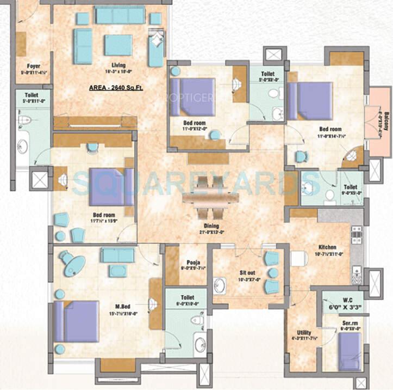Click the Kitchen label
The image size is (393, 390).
pos(328,247)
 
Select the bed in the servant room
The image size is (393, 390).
pos(348,351)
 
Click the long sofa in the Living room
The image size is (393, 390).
pos(120,15)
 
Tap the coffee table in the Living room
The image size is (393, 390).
pos(118,45)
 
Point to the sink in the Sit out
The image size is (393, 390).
pos(220,285)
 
